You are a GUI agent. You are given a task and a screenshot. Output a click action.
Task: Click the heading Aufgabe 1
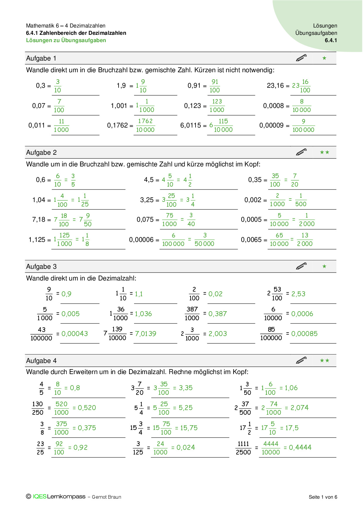click(x=41, y=58)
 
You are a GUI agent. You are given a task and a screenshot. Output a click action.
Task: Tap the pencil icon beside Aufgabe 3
click(x=301, y=266)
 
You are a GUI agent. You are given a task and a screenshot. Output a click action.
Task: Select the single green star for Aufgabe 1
click(x=324, y=58)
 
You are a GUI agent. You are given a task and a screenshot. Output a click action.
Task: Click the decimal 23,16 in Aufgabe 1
click(x=275, y=86)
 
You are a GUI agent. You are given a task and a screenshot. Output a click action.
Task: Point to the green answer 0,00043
click(x=75, y=334)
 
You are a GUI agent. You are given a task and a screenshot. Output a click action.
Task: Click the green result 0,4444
click(x=300, y=447)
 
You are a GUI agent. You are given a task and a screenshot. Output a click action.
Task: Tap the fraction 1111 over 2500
click(x=243, y=448)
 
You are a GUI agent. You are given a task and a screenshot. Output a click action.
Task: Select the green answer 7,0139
click(x=145, y=334)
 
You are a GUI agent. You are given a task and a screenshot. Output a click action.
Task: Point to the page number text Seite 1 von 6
click(x=323, y=497)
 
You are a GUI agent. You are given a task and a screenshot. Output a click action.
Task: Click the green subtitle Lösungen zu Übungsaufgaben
click(x=66, y=40)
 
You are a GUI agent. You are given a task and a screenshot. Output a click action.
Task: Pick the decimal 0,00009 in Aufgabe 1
click(x=271, y=125)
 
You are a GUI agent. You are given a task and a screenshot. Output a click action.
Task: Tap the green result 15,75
click(x=189, y=428)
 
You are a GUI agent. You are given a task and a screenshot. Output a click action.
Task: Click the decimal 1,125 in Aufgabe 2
click(x=37, y=240)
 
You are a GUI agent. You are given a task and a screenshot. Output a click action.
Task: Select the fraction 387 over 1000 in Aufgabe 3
click(x=192, y=314)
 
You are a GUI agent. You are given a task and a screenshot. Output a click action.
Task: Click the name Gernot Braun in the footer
click(x=107, y=497)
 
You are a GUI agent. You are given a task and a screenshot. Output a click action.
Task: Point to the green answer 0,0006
click(x=302, y=314)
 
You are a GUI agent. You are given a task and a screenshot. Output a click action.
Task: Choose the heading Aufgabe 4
click(x=41, y=361)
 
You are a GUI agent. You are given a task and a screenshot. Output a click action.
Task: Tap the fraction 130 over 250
click(x=37, y=408)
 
